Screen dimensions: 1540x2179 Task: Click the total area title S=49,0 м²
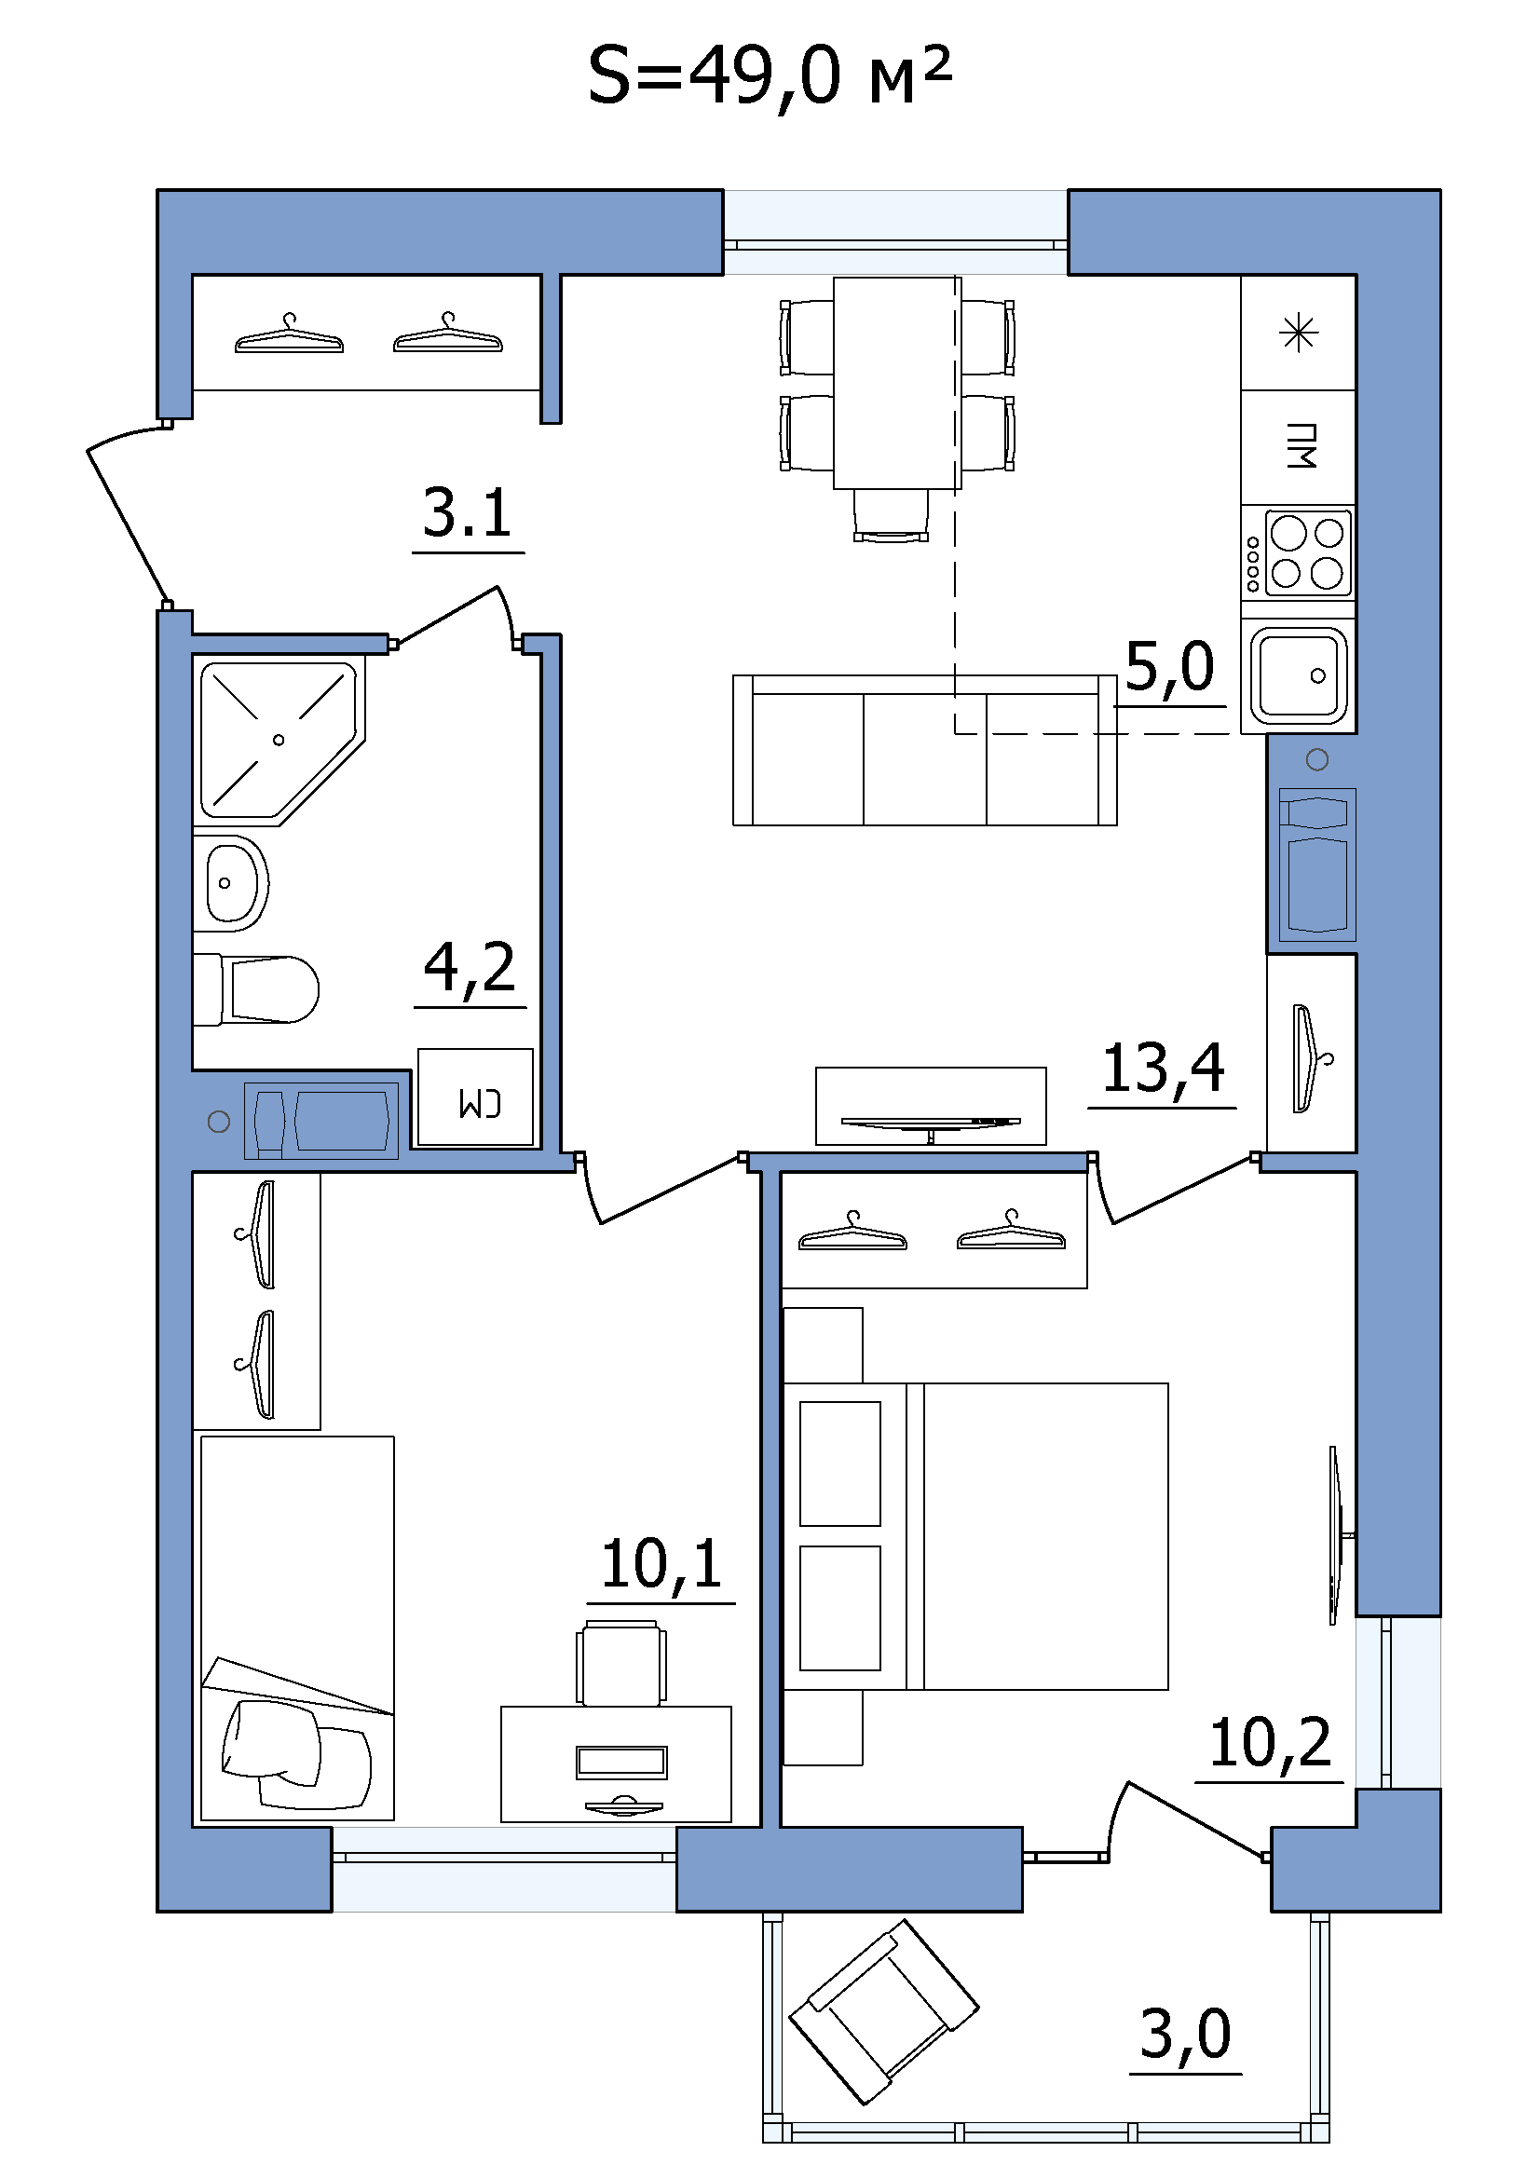click(x=769, y=75)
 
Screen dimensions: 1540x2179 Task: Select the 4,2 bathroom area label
click(x=470, y=968)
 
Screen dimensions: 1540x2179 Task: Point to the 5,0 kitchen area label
click(x=1170, y=667)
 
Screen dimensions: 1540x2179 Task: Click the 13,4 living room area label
click(x=1164, y=1069)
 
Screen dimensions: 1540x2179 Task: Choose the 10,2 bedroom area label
click(x=1271, y=1744)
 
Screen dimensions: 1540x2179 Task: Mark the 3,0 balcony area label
click(x=1185, y=2036)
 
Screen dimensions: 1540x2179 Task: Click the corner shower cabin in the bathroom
click(x=279, y=740)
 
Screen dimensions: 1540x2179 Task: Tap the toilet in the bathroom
click(x=256, y=989)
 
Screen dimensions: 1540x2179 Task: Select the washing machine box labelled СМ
click(x=475, y=1097)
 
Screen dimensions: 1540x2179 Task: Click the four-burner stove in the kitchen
click(x=1298, y=552)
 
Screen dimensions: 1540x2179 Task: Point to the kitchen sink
click(x=1299, y=675)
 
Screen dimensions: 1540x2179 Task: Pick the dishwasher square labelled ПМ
click(x=1299, y=447)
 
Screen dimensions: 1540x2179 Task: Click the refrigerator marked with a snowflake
click(x=1299, y=334)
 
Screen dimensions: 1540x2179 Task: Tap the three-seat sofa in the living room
click(x=925, y=750)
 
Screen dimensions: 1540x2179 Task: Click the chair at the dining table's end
click(x=890, y=515)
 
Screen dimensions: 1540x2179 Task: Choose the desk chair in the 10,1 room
click(x=620, y=1664)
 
